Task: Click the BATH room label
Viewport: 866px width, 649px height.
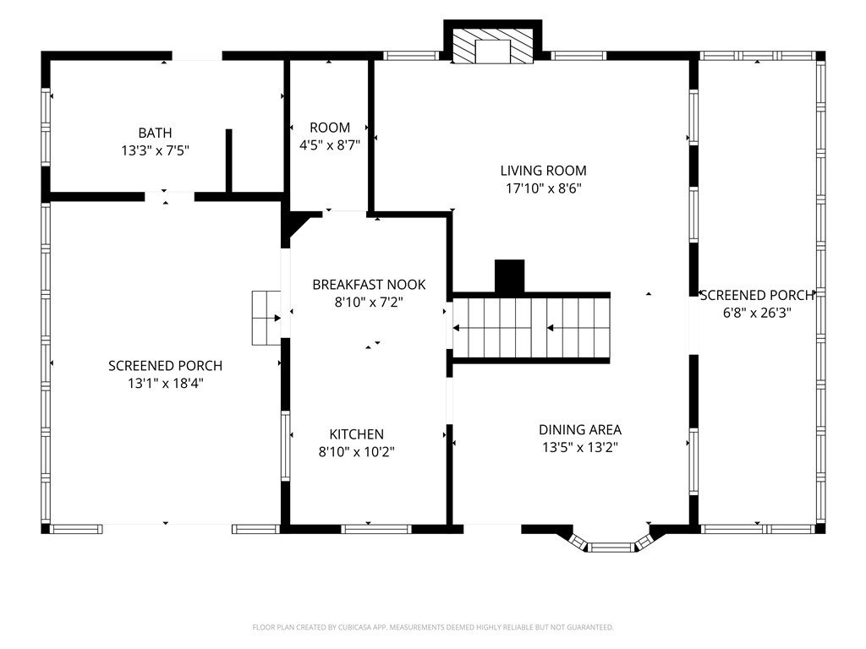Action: [x=155, y=133]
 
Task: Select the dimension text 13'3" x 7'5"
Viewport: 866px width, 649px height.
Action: [x=156, y=150]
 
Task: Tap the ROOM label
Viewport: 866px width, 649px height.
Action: [x=330, y=128]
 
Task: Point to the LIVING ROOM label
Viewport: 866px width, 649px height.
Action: [x=544, y=171]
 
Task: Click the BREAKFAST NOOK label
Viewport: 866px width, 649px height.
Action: [x=369, y=285]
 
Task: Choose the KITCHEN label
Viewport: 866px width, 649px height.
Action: [x=356, y=434]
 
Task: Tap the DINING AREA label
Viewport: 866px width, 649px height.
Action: [x=580, y=429]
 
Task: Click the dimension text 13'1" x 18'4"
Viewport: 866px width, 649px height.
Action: [x=166, y=383]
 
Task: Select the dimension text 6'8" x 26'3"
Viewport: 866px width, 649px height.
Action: [x=757, y=313]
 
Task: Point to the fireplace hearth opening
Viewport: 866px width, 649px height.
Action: [x=493, y=52]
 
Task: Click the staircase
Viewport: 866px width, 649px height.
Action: [x=531, y=329]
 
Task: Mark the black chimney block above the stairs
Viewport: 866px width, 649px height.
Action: [x=509, y=276]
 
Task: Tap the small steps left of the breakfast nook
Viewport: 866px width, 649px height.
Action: [x=266, y=318]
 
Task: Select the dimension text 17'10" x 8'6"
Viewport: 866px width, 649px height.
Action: [x=544, y=188]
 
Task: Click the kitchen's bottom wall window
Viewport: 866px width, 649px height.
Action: [x=376, y=529]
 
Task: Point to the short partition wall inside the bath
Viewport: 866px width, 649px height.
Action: [x=228, y=161]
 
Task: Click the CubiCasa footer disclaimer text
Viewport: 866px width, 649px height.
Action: [x=433, y=628]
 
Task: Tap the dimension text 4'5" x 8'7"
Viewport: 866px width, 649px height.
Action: [x=330, y=145]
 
